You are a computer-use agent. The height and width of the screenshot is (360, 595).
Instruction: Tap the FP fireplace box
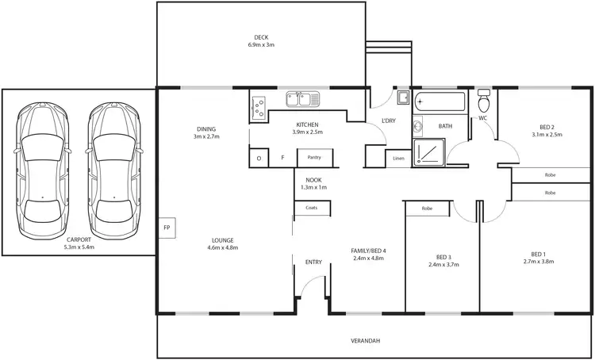coord(167,227)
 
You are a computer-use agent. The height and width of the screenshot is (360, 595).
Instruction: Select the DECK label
coord(261,37)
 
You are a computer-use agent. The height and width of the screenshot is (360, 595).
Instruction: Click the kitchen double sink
coord(302,99)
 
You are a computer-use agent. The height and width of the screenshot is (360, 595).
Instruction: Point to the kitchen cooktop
coord(259,108)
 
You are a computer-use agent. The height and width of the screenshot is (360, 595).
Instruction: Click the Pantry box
coord(313,158)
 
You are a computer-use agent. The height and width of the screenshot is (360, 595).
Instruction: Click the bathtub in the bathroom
coord(440,101)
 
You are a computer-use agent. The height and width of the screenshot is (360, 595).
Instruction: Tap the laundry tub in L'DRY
coord(402,98)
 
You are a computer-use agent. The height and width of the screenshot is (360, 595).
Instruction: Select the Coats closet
coord(311,209)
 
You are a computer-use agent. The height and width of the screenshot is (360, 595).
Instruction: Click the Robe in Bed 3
coord(427,208)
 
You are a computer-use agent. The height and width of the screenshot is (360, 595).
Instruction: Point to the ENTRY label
coord(313,262)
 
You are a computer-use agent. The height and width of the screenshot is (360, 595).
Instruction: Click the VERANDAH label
coord(366,340)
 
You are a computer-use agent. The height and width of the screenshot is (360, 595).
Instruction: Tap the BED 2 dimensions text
coord(547,135)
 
